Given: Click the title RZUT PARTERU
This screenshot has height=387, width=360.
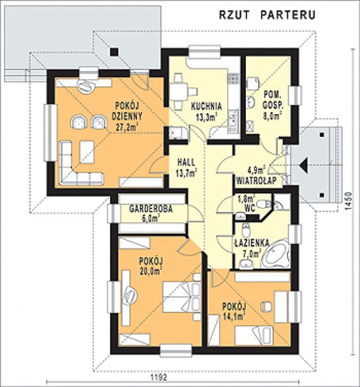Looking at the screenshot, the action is coord(267,15).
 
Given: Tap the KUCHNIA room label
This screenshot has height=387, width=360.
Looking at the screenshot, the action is coord(207,106).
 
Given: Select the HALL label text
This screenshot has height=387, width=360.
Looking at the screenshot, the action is coord(186,162).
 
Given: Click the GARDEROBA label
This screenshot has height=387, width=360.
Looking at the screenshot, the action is coord(151,209).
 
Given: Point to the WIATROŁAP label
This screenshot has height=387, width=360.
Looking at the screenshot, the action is coord(257,181).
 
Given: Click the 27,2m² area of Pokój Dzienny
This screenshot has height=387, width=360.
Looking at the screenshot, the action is coord(127,127).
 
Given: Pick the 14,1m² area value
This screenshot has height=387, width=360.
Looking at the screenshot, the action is coord(234,317).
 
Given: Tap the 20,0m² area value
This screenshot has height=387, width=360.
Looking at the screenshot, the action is coord(151,271).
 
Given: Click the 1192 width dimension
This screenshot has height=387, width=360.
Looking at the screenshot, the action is coord(159,377).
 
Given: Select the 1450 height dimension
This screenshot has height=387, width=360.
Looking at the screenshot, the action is coord(348,201).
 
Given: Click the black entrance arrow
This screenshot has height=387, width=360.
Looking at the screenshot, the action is coord(304,165).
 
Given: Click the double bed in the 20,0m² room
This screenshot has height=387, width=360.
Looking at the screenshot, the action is coord(182,297).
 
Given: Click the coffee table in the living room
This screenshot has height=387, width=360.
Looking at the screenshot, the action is coord(87,152).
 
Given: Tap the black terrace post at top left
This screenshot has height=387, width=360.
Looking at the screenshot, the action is coord(114,52).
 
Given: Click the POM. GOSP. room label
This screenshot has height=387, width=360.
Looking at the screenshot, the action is coord(273,100).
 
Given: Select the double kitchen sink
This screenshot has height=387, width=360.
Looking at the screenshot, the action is coord(233,121).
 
